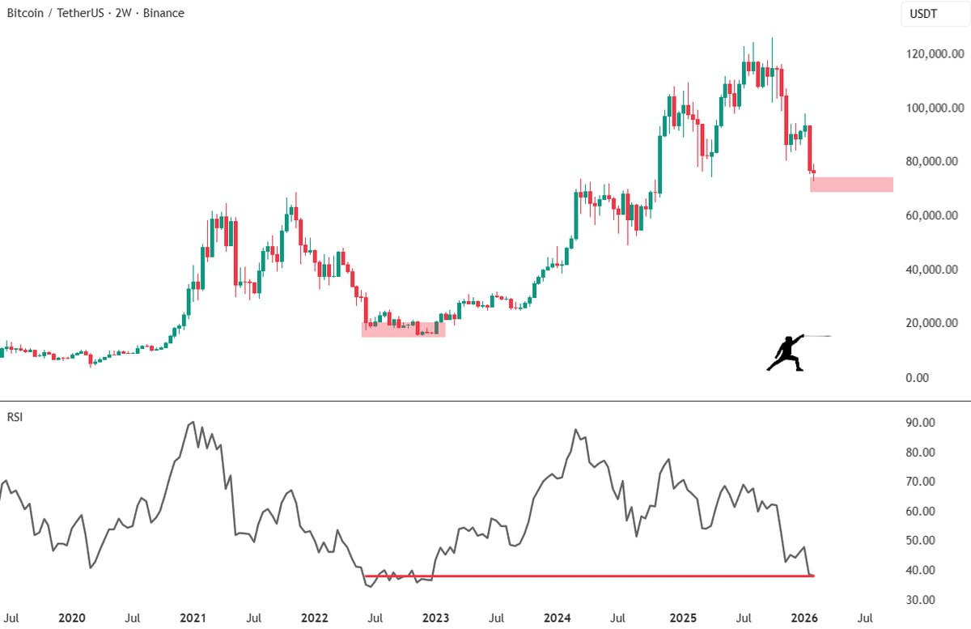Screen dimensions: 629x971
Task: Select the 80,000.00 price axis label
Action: tap(937, 162)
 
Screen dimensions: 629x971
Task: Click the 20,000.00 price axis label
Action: tap(937, 324)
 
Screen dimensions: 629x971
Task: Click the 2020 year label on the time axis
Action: tap(71, 617)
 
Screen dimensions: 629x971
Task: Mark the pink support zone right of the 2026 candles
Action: tap(851, 185)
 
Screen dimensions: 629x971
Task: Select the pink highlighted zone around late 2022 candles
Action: tap(403, 329)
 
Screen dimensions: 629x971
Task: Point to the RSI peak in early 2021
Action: tap(192, 422)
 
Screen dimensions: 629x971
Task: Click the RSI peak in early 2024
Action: tap(575, 430)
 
